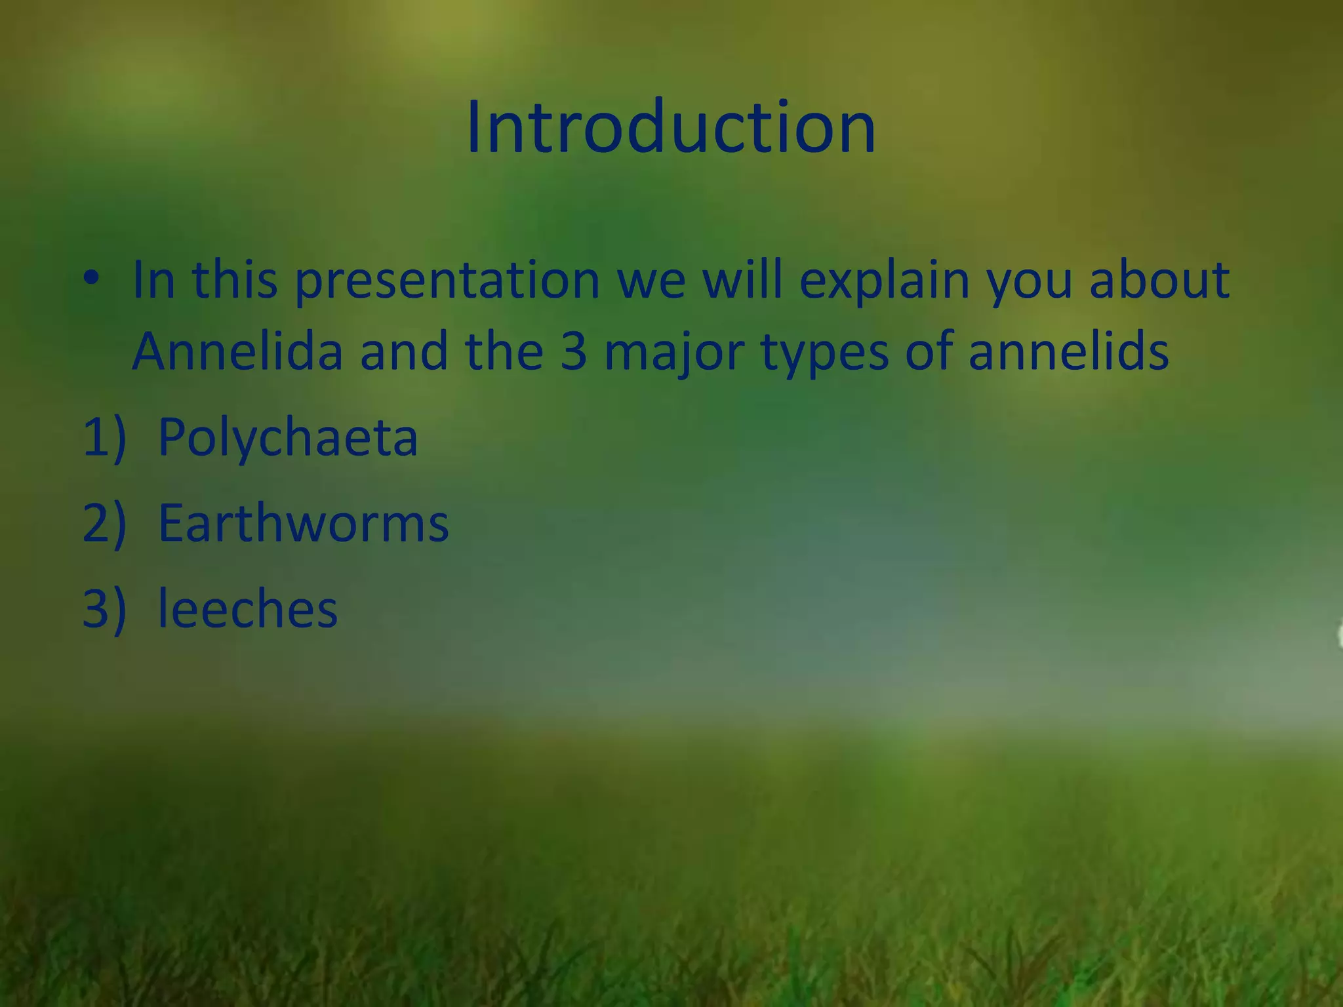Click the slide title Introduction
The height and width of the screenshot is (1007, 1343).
coord(671,127)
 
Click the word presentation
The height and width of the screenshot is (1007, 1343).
coord(447,282)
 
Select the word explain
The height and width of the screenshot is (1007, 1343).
coord(884,282)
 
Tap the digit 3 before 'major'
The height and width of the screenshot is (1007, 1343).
coord(573,352)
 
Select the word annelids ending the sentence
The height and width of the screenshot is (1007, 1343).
coord(1068,351)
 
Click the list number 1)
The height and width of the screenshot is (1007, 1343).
coord(104,437)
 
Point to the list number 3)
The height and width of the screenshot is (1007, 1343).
coord(104,609)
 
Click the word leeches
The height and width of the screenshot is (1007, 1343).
coord(247,609)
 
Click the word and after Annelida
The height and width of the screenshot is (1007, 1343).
coord(404,351)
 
